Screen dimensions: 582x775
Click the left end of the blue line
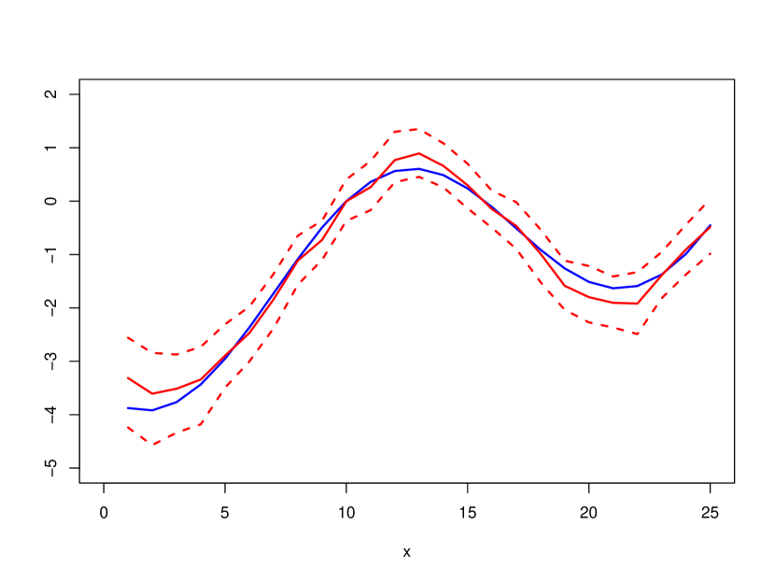click(128, 408)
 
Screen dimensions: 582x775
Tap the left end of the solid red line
click(128, 377)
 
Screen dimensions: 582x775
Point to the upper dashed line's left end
click(128, 337)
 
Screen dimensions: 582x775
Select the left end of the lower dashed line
click(128, 427)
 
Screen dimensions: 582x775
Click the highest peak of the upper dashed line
click(415, 130)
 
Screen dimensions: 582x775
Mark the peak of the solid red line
click(419, 153)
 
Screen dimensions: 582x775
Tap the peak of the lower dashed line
click(419, 177)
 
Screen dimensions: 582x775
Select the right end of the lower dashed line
click(711, 253)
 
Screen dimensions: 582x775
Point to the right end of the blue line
click(711, 227)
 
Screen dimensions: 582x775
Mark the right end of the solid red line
click(711, 226)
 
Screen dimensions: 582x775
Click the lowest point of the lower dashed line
click(152, 444)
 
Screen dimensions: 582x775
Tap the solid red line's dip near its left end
click(153, 394)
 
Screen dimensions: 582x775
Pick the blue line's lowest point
click(151, 410)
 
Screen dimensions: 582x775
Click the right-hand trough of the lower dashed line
click(637, 334)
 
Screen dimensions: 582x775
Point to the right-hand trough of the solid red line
click(636, 304)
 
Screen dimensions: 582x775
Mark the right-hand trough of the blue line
click(615, 287)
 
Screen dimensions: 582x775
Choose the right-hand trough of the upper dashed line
click(613, 276)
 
